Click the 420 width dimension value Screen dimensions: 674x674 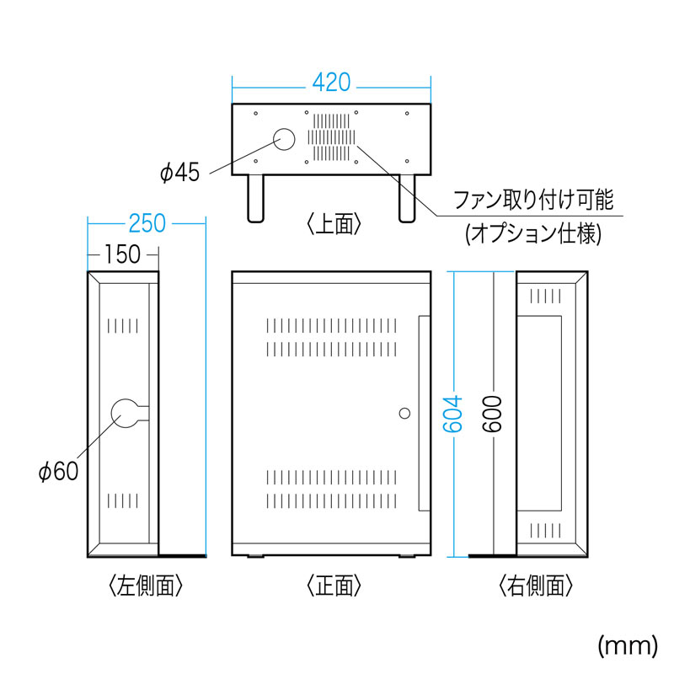coord(331,83)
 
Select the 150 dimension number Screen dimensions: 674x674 coord(123,254)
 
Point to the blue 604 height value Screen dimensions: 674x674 coord(453,414)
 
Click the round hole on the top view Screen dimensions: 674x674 coord(284,141)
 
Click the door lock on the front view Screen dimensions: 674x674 coord(404,414)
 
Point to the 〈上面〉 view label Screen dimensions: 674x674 coord(334,223)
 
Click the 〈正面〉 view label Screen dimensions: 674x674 coord(334,584)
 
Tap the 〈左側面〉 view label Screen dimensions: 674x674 coord(146,584)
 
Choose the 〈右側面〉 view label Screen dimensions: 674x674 coord(536,584)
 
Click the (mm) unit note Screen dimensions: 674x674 coord(627,645)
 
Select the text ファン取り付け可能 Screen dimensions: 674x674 coord(532,201)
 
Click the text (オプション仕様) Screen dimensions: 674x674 coord(533,235)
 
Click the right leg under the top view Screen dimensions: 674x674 coord(407,197)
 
